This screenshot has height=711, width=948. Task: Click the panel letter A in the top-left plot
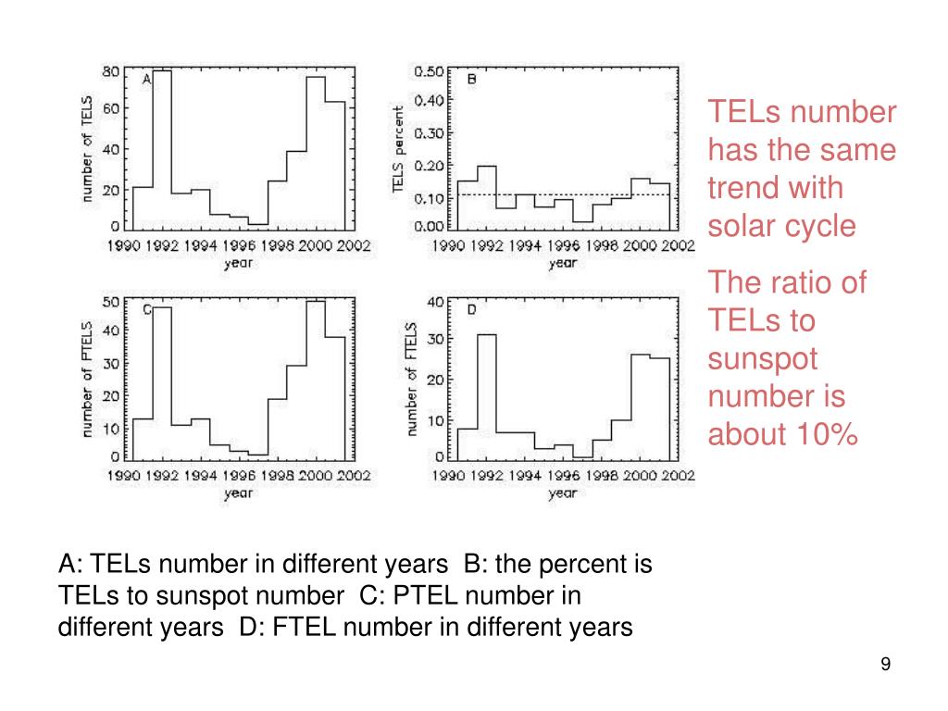click(x=146, y=81)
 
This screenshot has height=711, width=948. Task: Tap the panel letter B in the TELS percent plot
click(x=470, y=81)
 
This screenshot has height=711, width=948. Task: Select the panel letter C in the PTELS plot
click(x=146, y=309)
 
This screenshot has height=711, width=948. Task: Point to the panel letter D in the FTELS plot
click(x=470, y=309)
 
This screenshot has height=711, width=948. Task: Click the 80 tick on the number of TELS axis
click(x=110, y=71)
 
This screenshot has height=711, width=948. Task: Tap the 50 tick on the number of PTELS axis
click(x=110, y=301)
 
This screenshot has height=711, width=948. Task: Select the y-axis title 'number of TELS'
click(x=87, y=148)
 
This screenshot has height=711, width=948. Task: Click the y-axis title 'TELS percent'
click(x=398, y=149)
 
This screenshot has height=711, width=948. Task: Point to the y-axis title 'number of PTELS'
click(x=87, y=378)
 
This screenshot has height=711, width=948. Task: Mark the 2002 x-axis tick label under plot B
click(x=680, y=246)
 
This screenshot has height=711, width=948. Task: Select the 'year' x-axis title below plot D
click(x=562, y=493)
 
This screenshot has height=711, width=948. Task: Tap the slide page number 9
click(x=885, y=664)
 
